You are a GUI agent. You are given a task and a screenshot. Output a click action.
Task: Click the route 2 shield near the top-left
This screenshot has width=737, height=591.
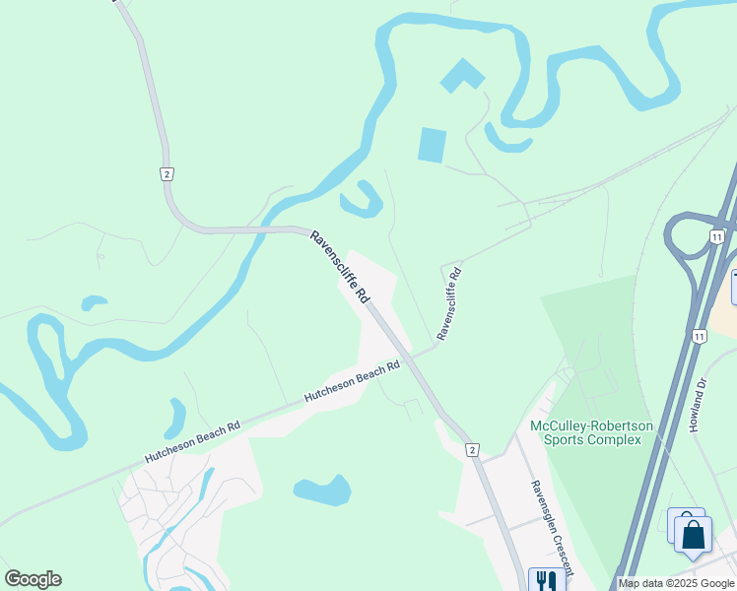tap(167, 173)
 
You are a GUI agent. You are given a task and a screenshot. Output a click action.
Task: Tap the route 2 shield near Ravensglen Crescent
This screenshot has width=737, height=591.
tap(473, 450)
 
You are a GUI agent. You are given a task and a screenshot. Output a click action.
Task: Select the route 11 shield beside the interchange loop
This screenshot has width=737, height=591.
tap(716, 236)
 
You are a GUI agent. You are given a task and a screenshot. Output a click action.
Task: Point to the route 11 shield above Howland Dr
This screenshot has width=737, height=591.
tap(699, 336)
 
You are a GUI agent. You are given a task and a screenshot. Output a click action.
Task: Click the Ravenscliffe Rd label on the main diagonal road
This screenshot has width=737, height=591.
tap(339, 267)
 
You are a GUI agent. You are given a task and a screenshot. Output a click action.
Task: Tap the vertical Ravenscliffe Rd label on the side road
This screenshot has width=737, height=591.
tap(448, 302)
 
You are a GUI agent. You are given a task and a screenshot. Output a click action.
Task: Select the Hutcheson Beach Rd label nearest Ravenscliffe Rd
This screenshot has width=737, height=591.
tap(352, 380)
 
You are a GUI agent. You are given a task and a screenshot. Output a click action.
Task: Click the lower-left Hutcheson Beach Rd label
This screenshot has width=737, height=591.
tap(192, 443)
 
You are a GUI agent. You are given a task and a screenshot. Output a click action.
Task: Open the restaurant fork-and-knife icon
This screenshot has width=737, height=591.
tap(547, 581)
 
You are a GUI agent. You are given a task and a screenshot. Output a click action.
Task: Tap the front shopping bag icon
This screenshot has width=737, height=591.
tap(693, 535)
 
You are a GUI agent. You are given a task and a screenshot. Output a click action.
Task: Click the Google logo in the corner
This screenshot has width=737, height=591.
tap(33, 579)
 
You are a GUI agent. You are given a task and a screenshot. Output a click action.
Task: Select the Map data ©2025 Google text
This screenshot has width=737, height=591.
tap(676, 583)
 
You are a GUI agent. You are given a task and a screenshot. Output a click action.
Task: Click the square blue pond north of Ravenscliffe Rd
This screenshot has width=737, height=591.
tap(433, 145)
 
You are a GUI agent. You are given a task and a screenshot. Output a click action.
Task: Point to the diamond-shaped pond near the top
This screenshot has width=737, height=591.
tap(462, 76)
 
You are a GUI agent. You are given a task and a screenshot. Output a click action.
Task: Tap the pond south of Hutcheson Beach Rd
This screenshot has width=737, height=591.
tap(322, 490)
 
